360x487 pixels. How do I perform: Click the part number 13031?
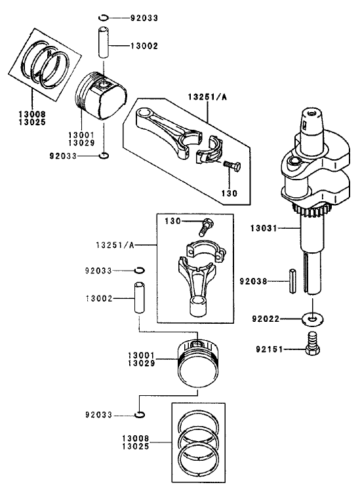coord(264,229)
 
